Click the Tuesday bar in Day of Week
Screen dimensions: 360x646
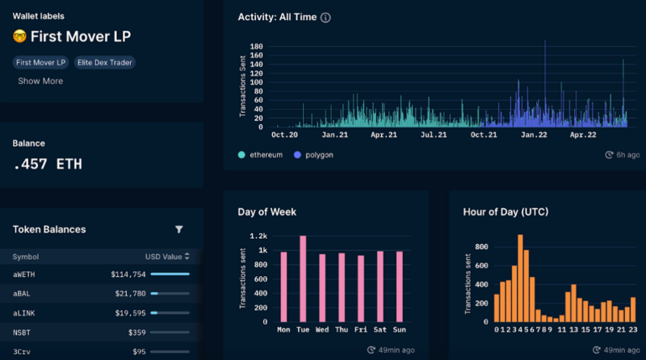(304, 278)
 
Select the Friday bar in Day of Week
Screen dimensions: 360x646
(360, 289)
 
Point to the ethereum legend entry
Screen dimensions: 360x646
(261, 154)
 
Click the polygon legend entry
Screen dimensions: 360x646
(314, 154)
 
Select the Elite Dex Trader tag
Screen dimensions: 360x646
(106, 62)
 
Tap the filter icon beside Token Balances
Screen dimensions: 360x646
(179, 230)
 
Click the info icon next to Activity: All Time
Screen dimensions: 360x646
(325, 17)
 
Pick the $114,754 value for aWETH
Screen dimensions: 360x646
(128, 274)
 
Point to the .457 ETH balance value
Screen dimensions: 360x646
(48, 165)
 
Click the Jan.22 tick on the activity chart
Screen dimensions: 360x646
(534, 135)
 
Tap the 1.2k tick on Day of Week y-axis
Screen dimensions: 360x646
(257, 236)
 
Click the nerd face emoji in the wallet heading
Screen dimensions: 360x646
(20, 36)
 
